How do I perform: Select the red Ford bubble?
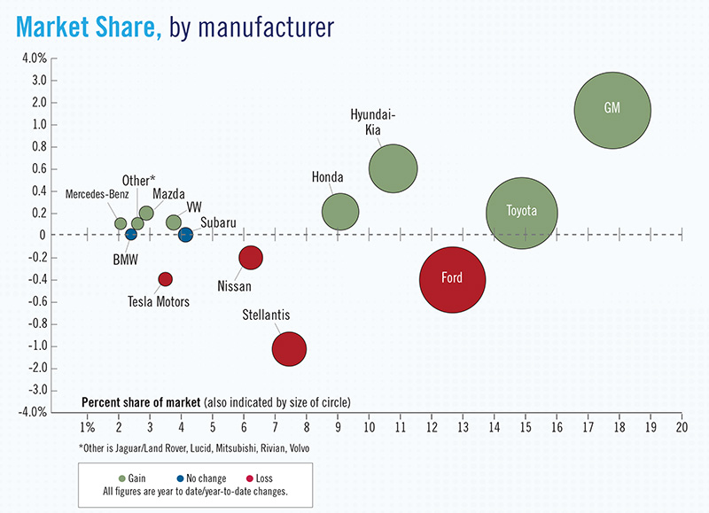(x=453, y=279)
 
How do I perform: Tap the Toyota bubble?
(x=522, y=213)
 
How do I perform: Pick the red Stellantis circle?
(x=289, y=348)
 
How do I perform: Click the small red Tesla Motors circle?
(x=165, y=279)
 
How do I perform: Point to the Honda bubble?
(x=340, y=212)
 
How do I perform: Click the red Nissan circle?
(x=251, y=258)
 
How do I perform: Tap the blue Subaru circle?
(x=185, y=235)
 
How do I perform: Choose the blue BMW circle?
(x=131, y=234)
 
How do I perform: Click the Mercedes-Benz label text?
(x=96, y=194)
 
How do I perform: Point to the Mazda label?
(x=168, y=194)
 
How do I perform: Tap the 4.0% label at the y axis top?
(x=34, y=58)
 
